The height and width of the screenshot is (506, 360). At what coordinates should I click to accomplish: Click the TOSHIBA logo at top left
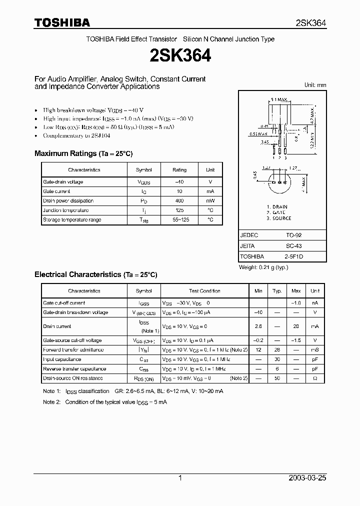point(62,22)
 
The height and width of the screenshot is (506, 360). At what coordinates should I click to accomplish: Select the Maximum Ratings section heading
point(83,153)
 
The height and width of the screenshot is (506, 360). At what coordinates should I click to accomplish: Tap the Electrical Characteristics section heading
point(95,274)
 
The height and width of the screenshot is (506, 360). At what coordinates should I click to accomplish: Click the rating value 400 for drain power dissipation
point(179,201)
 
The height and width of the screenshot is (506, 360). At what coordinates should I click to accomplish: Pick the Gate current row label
point(56,191)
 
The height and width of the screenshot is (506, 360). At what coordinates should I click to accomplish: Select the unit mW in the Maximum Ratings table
point(210,201)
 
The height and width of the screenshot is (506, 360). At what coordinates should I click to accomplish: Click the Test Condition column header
point(204,291)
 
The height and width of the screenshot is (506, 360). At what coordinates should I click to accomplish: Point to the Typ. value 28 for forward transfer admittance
point(276,350)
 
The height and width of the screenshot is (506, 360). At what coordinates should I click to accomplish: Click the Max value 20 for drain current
point(296,326)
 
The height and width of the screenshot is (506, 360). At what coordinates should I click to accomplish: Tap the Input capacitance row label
point(62,359)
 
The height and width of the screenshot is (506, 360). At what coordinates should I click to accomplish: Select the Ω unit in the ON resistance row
point(314,378)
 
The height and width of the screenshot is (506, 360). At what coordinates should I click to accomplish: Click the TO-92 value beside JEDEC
point(293,234)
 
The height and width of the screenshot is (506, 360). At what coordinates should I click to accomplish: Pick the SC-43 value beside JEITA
point(293,246)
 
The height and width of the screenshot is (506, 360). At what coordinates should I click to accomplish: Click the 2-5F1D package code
point(293,257)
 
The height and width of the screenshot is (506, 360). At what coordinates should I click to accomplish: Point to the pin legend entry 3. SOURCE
point(278,218)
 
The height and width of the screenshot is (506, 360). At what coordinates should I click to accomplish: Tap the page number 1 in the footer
point(180,478)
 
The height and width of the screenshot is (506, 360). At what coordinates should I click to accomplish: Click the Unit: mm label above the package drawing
point(315,85)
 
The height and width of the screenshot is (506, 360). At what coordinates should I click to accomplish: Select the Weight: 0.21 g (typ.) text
point(263,267)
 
